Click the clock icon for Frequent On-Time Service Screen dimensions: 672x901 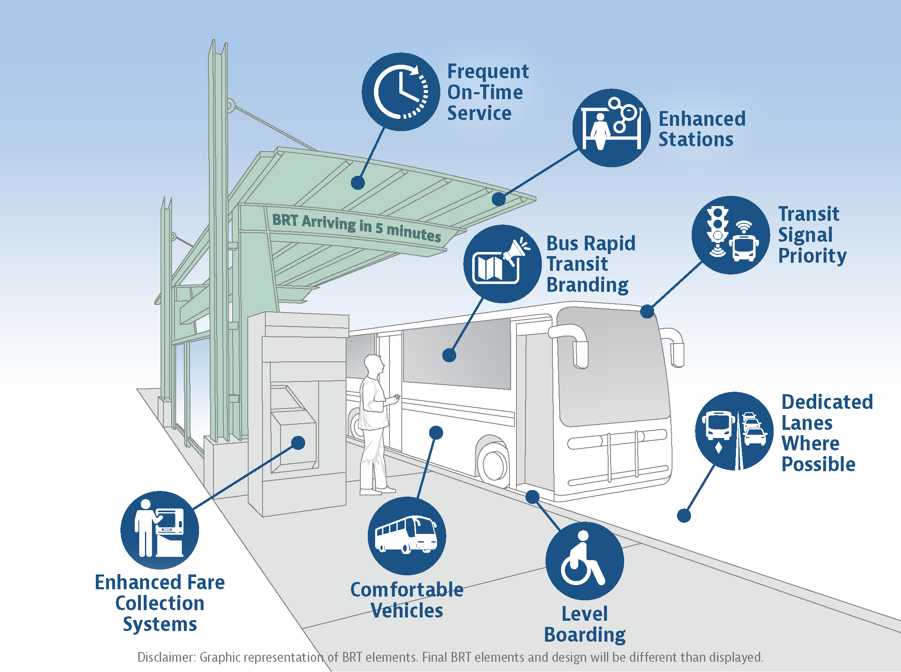401,92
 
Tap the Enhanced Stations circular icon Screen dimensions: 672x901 611,128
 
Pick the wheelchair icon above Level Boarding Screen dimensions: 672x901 584,561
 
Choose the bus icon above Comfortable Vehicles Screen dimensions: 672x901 407,536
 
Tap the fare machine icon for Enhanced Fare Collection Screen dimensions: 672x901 160,530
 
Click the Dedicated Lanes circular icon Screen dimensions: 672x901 734,431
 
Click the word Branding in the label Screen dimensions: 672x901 587,285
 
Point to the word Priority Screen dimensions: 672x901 812,256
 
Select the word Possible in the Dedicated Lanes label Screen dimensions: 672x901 818,464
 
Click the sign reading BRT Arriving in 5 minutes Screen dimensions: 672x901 356,227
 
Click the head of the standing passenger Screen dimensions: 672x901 374,363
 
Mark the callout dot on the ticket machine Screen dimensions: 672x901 298,443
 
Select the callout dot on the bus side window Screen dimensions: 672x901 449,355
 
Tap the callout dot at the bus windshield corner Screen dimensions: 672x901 647,311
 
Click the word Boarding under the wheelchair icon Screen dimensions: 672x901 584,635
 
